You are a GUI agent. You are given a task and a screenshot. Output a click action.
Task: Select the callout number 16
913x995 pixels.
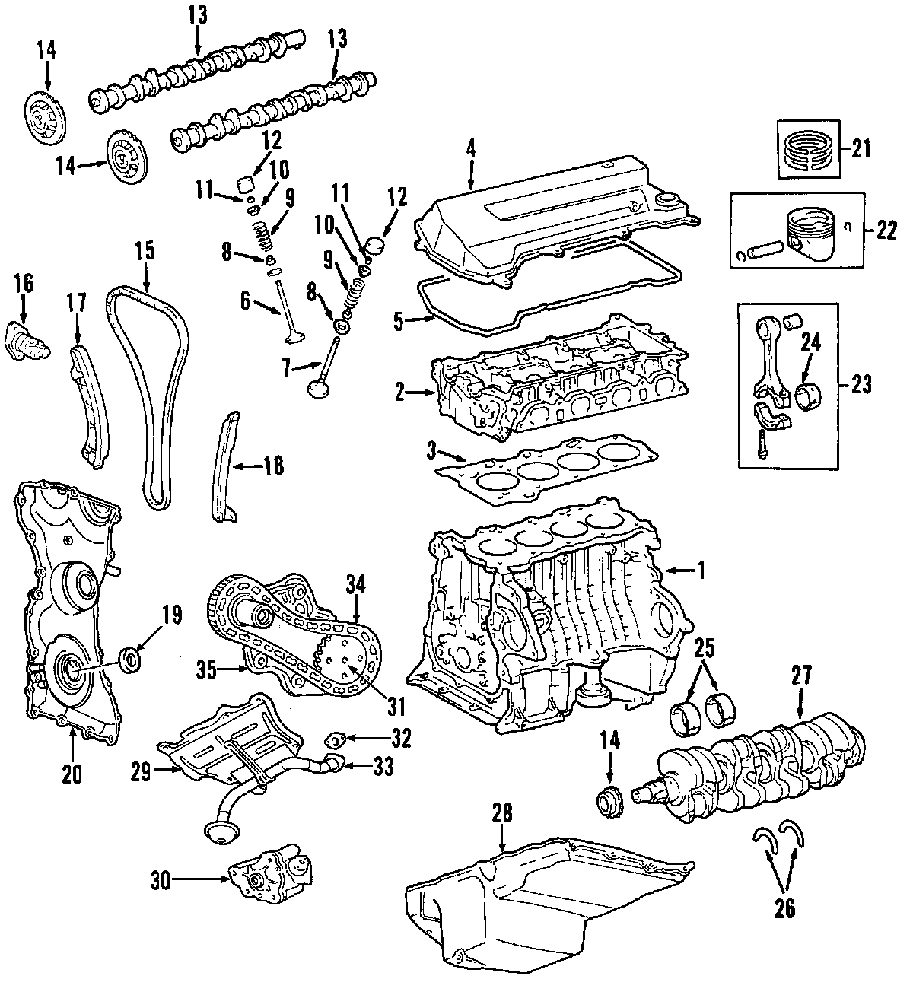23,284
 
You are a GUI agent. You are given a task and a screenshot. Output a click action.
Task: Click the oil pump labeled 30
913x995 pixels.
270,880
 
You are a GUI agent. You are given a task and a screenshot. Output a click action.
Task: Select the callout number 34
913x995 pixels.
355,584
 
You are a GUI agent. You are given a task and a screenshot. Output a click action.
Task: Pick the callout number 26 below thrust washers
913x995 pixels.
784,908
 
